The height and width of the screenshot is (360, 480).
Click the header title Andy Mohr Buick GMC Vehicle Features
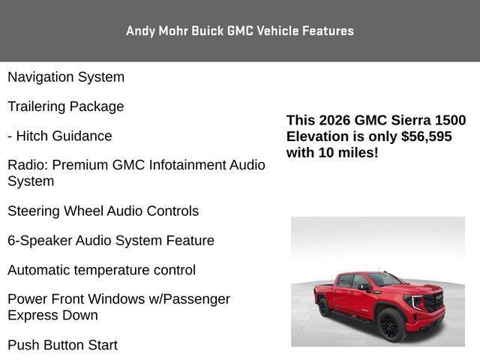(x=239, y=31)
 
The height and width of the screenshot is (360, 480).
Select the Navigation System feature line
(x=66, y=77)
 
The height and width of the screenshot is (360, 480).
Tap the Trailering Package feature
(x=66, y=106)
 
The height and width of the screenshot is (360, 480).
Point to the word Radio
(x=27, y=165)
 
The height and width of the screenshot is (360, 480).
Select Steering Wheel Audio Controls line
(x=103, y=211)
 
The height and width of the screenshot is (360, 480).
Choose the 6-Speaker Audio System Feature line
(x=111, y=241)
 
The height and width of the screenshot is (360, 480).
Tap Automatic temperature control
(x=101, y=270)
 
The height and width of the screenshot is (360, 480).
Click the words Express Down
(x=52, y=316)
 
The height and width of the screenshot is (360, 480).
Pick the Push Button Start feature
(x=62, y=345)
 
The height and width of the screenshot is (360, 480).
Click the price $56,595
(x=426, y=136)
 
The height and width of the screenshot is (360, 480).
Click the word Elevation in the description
(x=318, y=136)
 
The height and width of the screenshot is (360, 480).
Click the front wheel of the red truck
(x=391, y=325)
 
